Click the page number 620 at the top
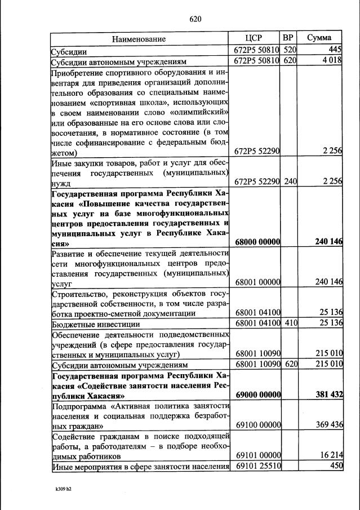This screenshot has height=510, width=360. [195, 19]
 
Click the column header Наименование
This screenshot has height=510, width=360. [139, 39]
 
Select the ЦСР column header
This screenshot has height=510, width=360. [257, 38]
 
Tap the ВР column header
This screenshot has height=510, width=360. [288, 38]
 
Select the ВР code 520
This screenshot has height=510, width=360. [289, 50]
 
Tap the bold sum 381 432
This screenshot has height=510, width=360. [330, 394]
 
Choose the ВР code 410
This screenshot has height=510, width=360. [289, 323]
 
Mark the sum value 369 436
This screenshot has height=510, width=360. [330, 424]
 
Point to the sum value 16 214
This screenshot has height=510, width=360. [331, 455]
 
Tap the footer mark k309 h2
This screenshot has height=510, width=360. [60, 489]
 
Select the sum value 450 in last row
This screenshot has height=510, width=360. [336, 465]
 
